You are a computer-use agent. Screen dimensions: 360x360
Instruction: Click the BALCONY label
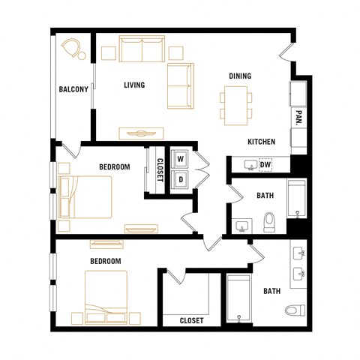coord(73,90)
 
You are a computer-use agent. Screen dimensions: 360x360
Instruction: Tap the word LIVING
coord(134,85)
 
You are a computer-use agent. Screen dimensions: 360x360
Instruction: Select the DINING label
coord(240,76)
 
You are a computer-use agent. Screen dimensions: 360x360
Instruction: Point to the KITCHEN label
coord(262,142)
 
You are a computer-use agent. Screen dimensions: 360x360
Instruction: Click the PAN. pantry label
coord(298,117)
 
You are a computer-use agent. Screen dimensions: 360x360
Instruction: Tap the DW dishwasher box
coord(265,165)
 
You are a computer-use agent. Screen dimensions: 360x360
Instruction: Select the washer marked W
coord(181,160)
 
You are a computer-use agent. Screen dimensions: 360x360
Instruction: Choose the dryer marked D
coord(181,178)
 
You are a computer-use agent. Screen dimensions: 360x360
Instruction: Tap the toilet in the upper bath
coord(269,222)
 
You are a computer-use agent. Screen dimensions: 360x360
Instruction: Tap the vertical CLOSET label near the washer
coord(160,167)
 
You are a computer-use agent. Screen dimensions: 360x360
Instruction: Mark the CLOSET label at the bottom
coord(191,321)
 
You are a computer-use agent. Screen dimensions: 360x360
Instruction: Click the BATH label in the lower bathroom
coord(271,291)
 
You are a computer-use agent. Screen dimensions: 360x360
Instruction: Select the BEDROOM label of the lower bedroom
coord(106,261)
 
